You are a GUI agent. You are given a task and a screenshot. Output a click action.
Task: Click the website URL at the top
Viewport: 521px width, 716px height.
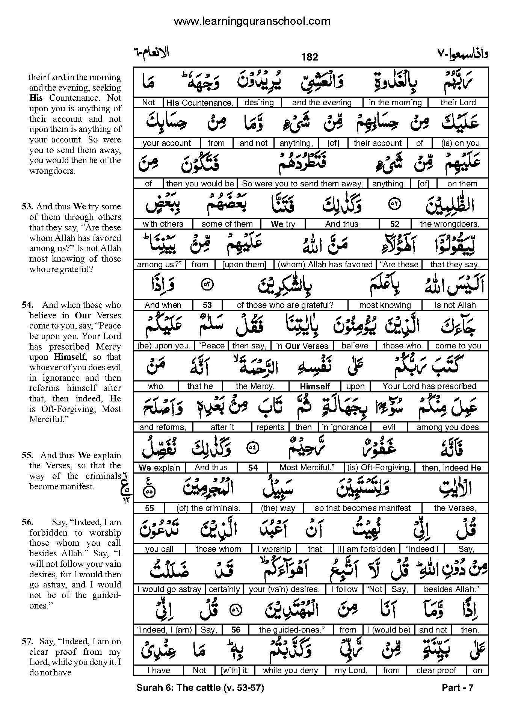click(252, 21)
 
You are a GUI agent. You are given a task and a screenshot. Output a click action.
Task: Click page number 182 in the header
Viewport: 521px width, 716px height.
click(310, 57)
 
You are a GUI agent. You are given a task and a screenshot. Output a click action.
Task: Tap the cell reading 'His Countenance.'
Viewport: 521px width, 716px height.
click(200, 103)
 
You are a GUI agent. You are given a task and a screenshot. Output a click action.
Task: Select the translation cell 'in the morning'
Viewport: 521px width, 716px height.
click(395, 103)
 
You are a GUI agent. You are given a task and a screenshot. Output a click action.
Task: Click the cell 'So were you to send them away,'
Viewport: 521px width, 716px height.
click(302, 184)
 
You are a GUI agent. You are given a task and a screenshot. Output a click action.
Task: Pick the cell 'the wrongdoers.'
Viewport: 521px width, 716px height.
click(449, 224)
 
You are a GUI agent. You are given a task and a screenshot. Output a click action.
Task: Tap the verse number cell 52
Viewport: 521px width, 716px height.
click(394, 224)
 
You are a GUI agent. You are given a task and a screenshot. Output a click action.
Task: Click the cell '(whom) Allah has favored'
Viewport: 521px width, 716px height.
click(325, 265)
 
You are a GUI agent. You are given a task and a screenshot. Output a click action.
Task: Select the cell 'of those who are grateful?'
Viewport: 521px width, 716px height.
click(285, 305)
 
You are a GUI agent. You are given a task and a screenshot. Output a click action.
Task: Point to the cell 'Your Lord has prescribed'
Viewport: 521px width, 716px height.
click(429, 386)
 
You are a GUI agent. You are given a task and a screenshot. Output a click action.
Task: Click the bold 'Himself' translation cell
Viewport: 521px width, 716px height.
click(315, 386)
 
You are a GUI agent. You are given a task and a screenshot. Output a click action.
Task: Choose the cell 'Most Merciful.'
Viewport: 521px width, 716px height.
click(307, 468)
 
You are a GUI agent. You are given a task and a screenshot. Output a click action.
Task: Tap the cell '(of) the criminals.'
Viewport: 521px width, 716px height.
click(208, 508)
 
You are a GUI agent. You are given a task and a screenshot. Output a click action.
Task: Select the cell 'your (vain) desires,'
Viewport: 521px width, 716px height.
click(284, 589)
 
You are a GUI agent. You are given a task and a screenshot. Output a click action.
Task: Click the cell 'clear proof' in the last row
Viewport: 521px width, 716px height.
click(436, 671)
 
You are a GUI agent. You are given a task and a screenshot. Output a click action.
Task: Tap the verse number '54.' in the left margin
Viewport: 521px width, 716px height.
click(27, 305)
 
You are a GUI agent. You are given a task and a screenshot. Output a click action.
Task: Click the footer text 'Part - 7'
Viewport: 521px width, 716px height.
click(458, 688)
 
